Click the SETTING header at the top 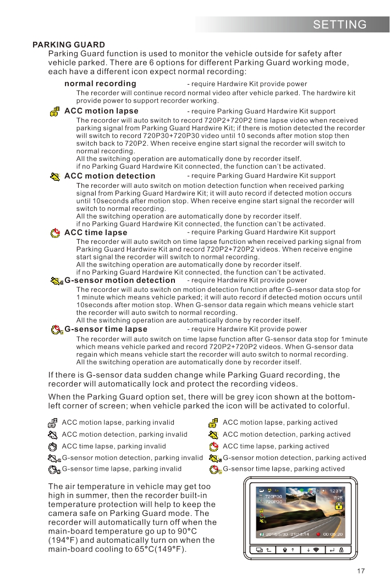click(339, 25)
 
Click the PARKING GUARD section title click(69, 45)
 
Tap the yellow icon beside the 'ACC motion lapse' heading click(54, 112)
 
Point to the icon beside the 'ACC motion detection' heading click(54, 176)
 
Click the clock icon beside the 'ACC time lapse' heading click(54, 232)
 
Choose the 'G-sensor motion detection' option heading click(120, 280)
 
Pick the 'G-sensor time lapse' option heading click(106, 329)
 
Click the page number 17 click(361, 571)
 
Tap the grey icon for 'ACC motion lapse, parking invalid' click(53, 423)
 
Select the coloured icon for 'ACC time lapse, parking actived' click(215, 446)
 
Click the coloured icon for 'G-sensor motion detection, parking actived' click(216, 458)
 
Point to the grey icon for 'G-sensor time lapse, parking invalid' click(54, 469)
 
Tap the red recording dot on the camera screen click(318, 533)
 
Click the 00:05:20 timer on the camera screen click(333, 533)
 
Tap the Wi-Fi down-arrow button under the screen click(311, 550)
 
